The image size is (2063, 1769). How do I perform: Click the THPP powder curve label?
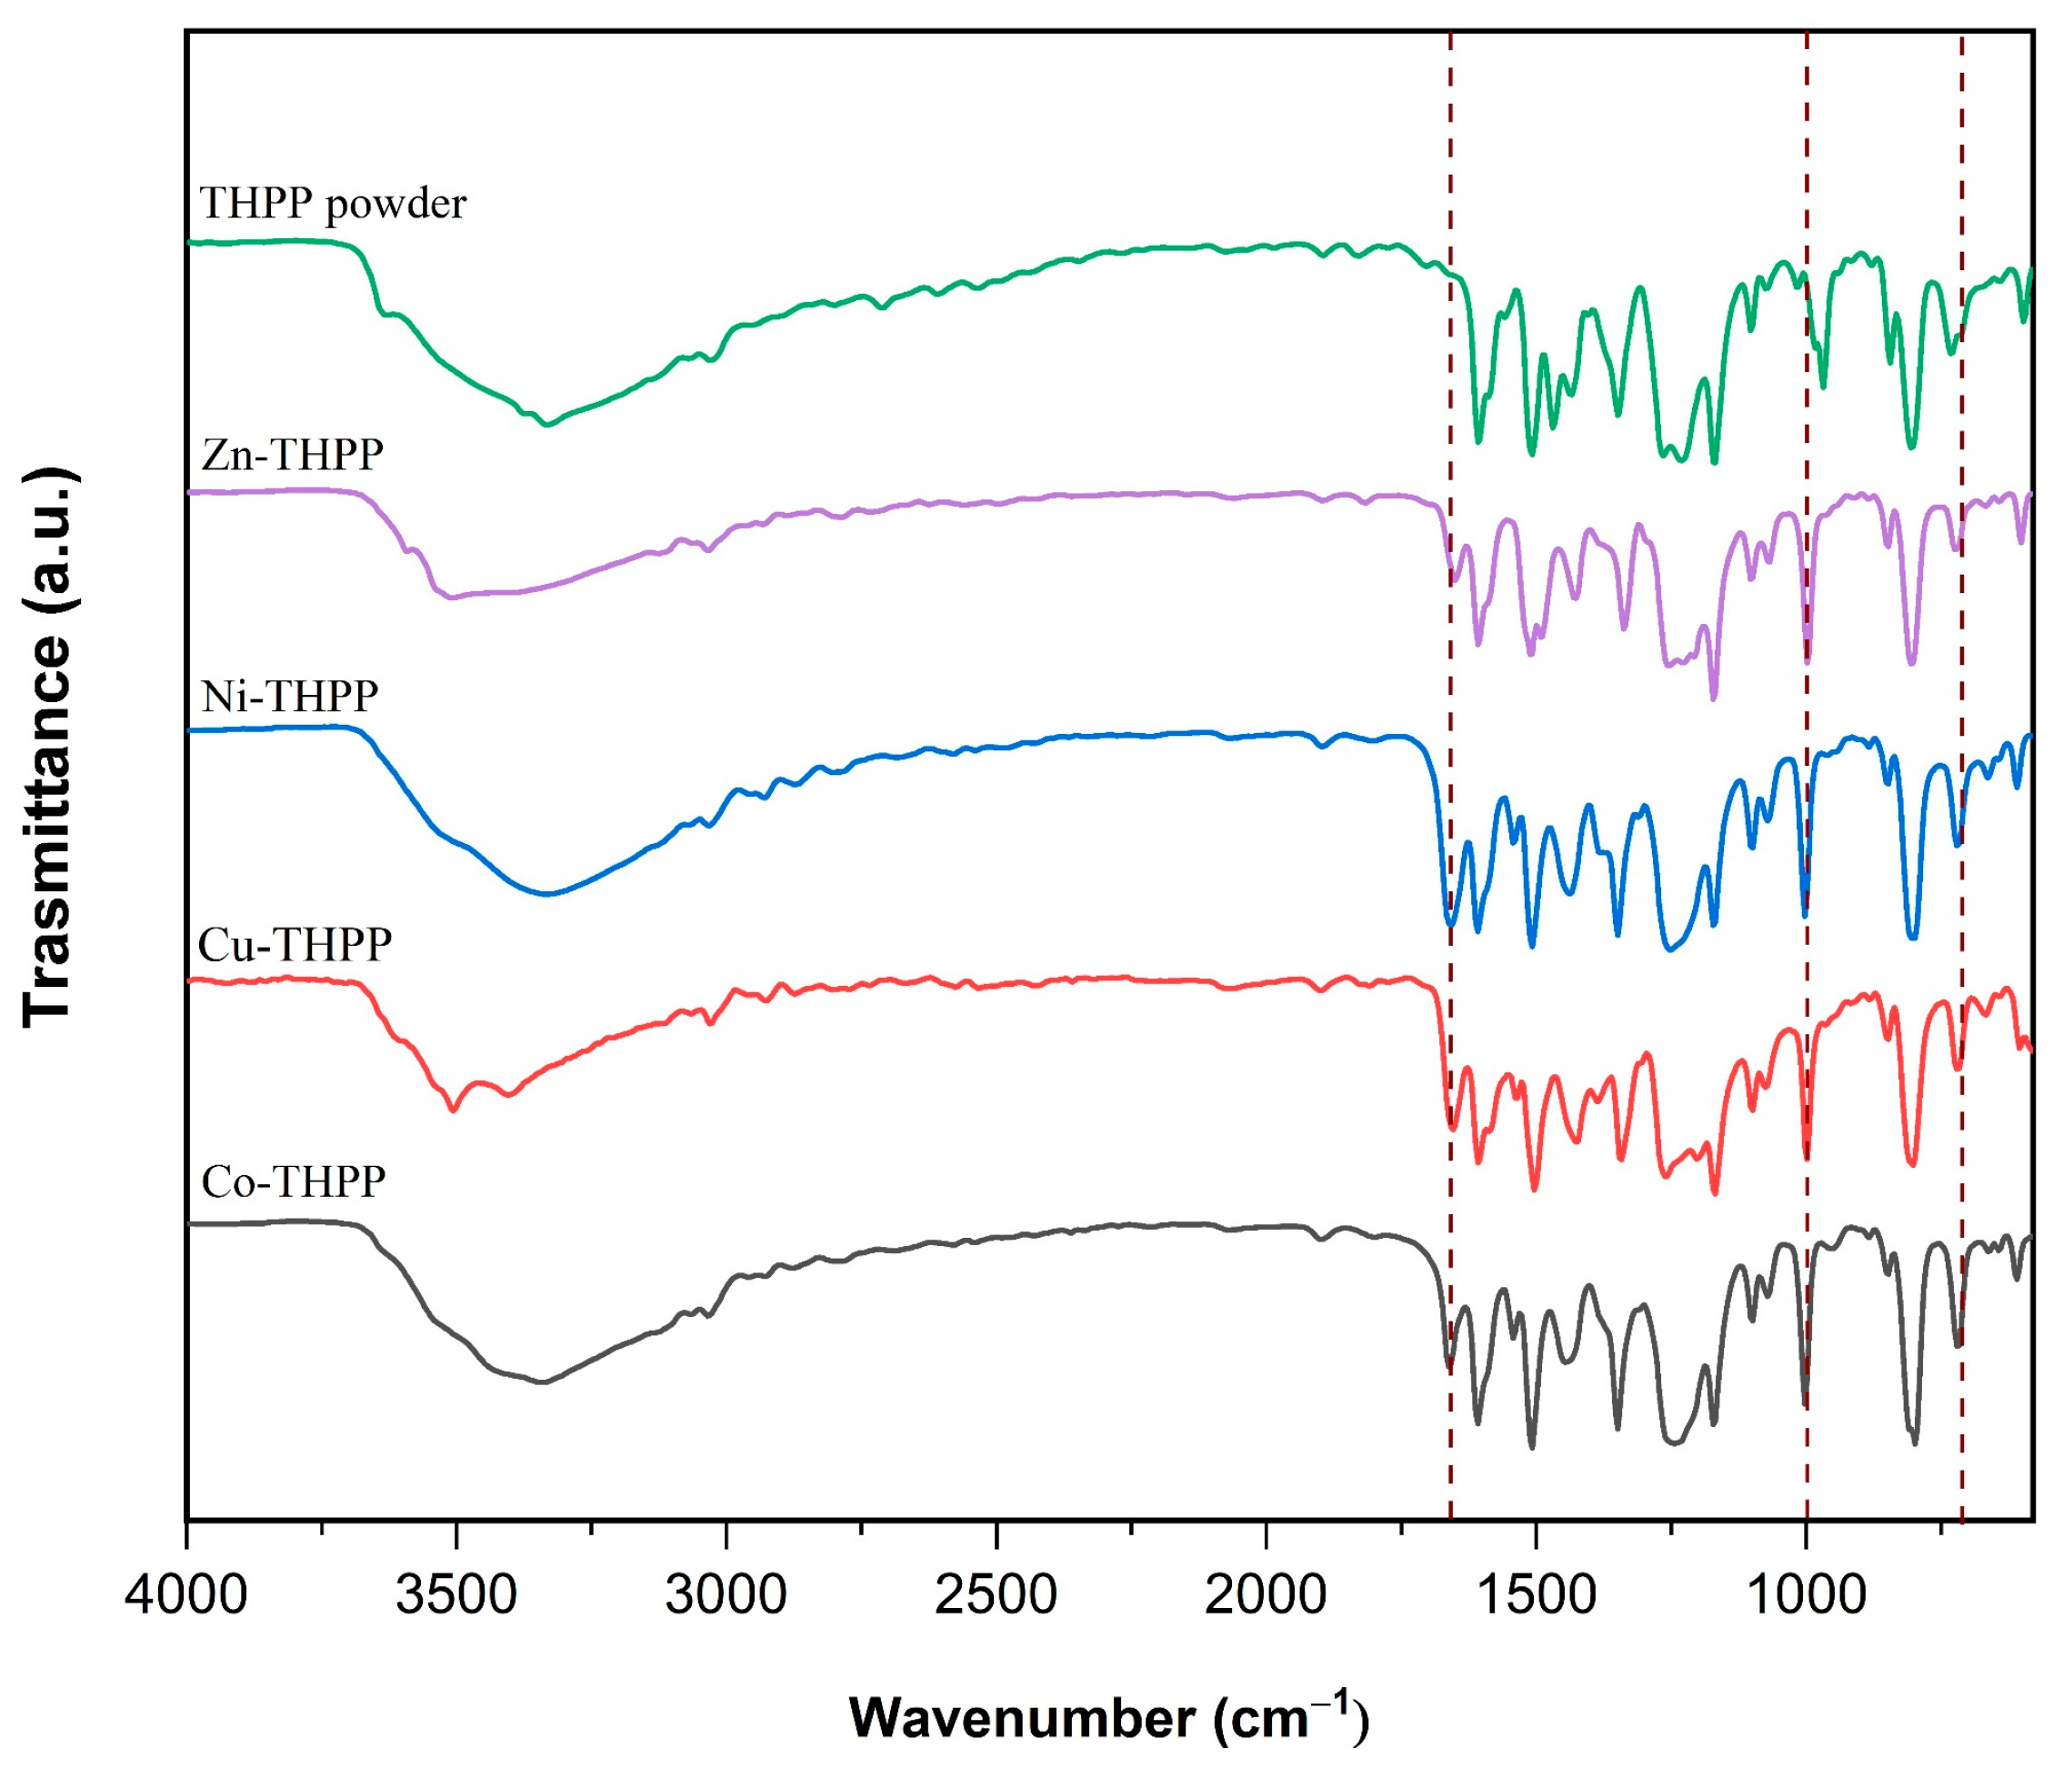click(x=333, y=205)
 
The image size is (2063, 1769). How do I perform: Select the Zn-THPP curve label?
click(x=292, y=455)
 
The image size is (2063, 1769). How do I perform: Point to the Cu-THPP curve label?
click(x=295, y=944)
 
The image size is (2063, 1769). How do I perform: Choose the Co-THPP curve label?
click(x=293, y=1181)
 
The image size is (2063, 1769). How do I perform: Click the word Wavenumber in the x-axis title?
click(x=1022, y=1719)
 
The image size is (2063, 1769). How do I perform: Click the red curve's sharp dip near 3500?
click(x=453, y=1109)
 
